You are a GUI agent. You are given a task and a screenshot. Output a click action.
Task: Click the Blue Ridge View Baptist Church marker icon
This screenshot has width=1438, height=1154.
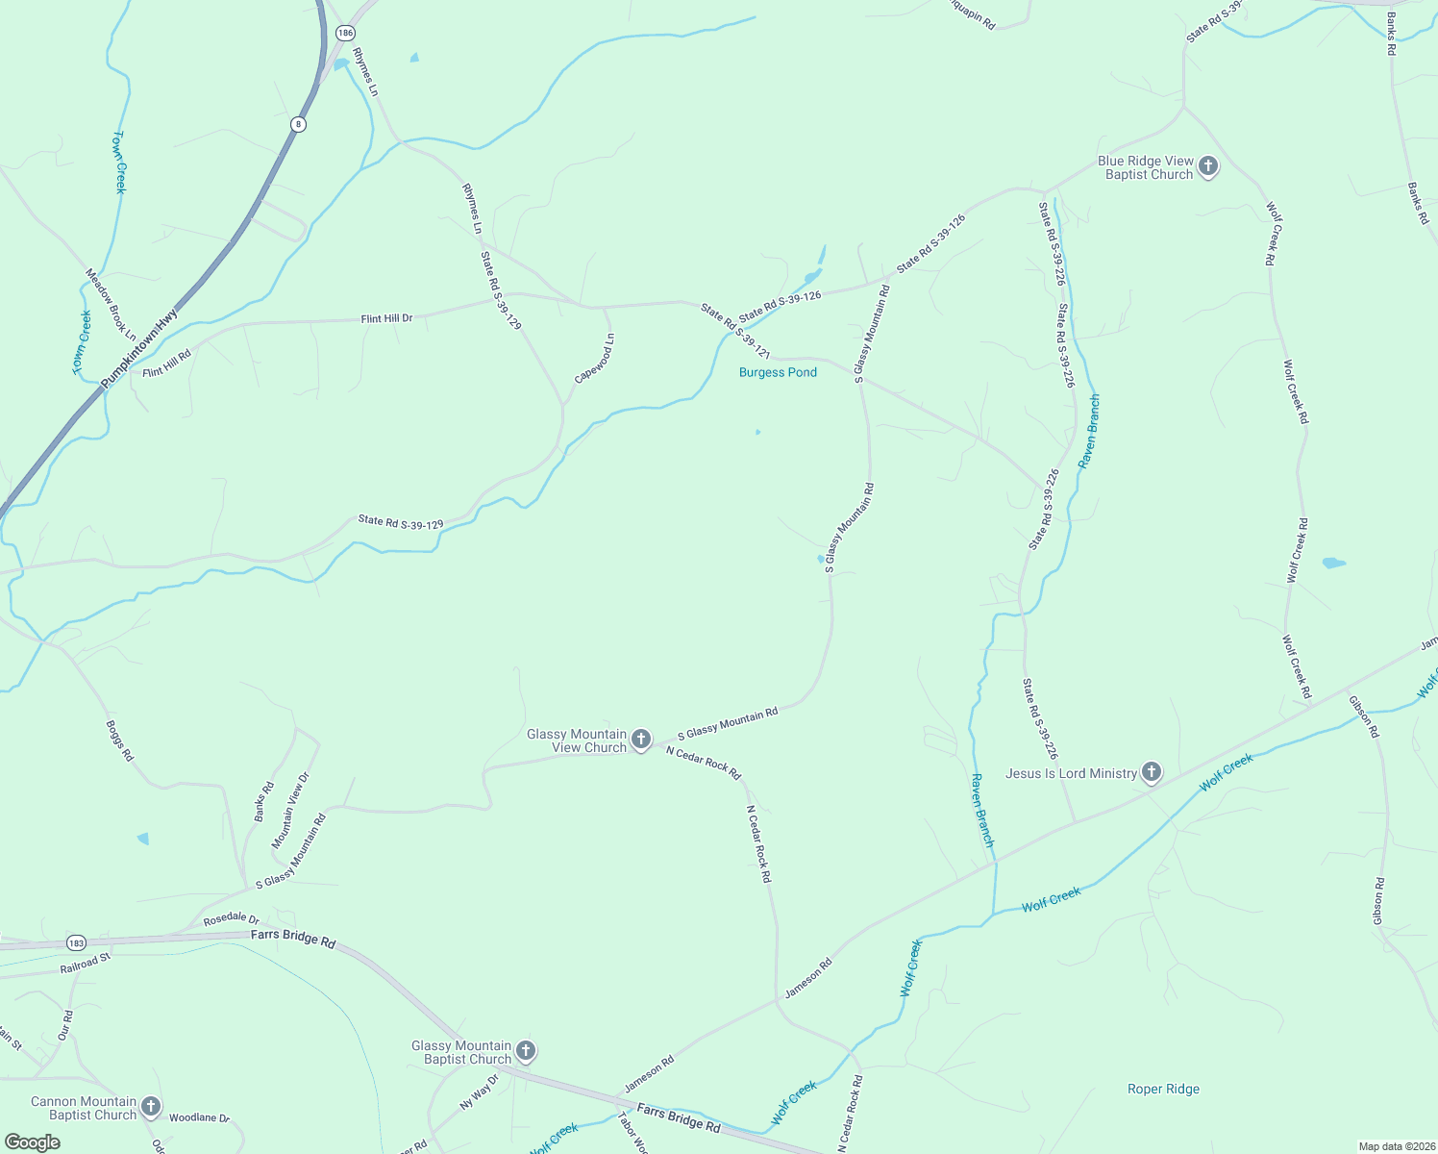coord(1208,166)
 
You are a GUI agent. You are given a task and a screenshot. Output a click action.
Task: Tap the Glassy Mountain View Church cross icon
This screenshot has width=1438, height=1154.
coord(641,740)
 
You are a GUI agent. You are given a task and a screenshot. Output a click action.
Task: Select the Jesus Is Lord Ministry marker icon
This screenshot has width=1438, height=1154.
coord(1151,771)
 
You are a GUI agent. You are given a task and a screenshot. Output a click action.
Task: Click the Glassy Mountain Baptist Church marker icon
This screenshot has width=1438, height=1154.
coord(525,1051)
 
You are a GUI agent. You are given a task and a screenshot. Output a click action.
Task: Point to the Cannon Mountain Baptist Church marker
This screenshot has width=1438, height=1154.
coord(151,1107)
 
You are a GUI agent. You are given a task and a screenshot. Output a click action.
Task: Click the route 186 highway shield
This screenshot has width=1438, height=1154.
coord(345,33)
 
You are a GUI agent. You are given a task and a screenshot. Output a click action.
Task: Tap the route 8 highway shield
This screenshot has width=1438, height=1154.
coord(299,124)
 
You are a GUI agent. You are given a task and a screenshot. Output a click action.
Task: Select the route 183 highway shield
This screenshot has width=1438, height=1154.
coord(77,942)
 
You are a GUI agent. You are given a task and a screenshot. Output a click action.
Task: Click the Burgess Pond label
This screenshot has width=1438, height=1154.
coord(778,372)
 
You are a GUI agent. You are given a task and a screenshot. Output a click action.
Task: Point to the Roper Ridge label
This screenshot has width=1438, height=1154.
coord(1163,1089)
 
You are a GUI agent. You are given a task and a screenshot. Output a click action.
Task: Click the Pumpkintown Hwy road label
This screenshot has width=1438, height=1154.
coord(140,349)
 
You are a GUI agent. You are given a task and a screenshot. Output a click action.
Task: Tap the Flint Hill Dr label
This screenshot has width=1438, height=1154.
coord(386,318)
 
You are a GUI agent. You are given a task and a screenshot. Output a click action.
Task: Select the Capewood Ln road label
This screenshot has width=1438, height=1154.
coord(595,359)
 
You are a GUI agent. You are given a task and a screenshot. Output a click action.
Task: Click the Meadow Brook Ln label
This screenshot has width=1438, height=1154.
coord(111,304)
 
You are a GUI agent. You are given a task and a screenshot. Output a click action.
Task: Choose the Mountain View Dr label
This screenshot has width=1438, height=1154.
coord(290,810)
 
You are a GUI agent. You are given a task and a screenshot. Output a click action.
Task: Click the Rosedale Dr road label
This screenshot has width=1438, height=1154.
coord(232,920)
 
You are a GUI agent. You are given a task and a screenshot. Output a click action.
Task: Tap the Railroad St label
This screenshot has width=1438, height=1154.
coord(87,964)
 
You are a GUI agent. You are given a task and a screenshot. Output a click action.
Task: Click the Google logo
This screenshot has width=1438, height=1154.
coord(32,1142)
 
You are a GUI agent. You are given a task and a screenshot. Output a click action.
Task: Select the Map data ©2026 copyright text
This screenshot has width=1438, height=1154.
coord(1396,1146)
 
